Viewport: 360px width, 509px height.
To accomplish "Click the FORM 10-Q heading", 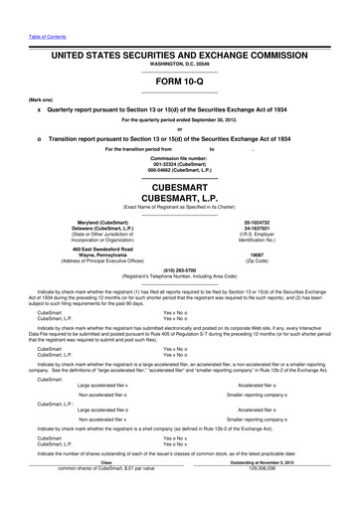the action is coord(179,83).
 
